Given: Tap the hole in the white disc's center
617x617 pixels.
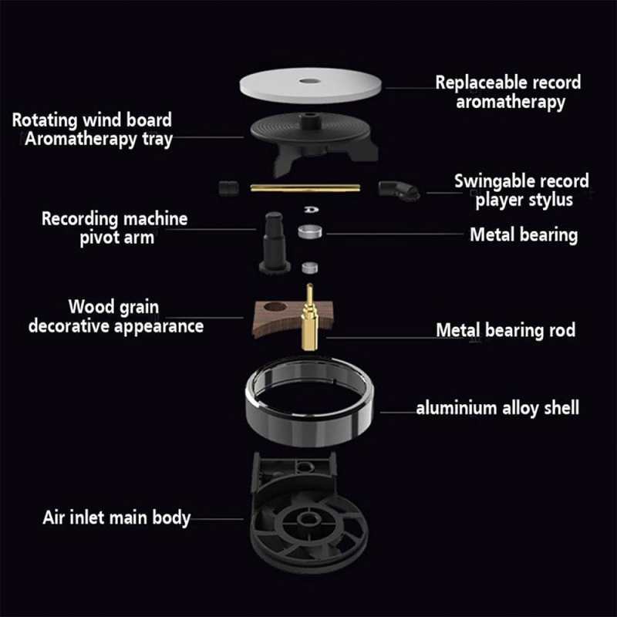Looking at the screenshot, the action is click(x=310, y=81).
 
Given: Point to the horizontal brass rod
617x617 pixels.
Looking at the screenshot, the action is click(x=305, y=187).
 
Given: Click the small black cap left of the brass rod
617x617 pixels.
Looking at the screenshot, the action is click(x=228, y=187).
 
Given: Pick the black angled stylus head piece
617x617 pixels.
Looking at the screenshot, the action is click(x=398, y=190).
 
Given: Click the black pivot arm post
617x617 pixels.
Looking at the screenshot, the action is click(x=275, y=242).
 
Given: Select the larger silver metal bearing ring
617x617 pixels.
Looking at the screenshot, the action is click(x=310, y=231).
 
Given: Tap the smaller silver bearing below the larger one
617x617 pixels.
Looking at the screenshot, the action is click(x=310, y=268).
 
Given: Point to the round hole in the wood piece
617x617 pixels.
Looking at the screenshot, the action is click(x=275, y=306).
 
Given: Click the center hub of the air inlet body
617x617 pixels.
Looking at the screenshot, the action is click(x=308, y=518).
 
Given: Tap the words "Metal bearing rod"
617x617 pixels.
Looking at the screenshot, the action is click(x=506, y=330).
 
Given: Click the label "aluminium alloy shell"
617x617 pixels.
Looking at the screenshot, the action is click(x=497, y=408).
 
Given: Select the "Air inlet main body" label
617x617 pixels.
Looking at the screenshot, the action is click(x=116, y=518).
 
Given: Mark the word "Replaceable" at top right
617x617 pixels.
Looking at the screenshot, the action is click(x=483, y=83).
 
